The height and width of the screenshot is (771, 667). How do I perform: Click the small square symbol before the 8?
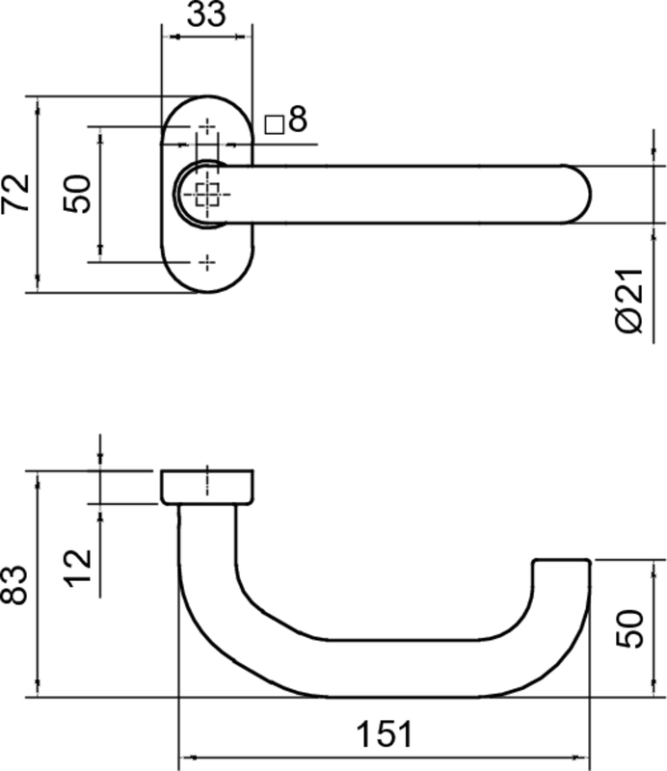click(x=274, y=123)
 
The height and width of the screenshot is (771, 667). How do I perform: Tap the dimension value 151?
click(x=385, y=735)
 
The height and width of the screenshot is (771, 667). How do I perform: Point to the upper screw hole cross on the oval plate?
click(x=207, y=126)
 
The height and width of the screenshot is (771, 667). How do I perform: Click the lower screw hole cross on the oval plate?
click(x=207, y=261)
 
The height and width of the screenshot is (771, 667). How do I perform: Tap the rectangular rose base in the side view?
click(x=207, y=487)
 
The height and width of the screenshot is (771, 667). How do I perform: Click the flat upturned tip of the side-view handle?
click(x=561, y=560)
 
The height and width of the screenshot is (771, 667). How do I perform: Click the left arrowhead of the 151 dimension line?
click(x=186, y=757)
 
